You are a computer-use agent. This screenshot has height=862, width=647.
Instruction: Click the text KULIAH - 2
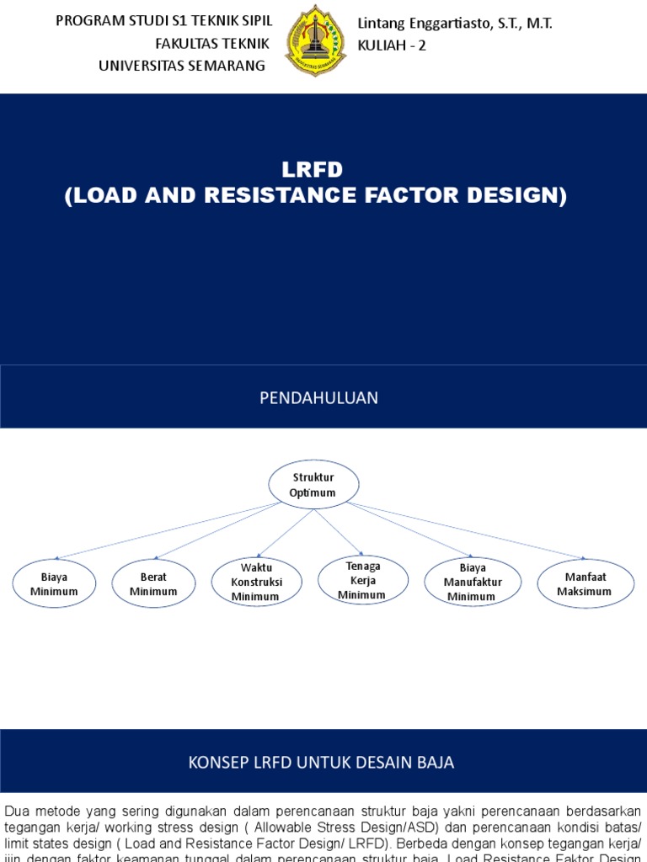click(392, 45)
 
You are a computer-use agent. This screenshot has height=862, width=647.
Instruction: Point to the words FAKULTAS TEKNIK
click(211, 43)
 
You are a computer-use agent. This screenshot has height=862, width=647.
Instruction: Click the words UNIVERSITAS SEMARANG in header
click(181, 65)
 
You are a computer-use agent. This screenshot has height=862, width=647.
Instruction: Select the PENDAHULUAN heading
click(318, 398)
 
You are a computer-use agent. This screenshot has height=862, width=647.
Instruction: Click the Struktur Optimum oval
click(313, 485)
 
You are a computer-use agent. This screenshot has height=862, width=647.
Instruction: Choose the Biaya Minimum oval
click(54, 584)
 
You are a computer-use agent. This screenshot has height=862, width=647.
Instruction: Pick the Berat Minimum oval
click(153, 584)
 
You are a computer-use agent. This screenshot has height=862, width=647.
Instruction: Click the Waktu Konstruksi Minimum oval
click(256, 583)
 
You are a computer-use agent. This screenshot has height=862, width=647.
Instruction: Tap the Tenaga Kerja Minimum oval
click(362, 581)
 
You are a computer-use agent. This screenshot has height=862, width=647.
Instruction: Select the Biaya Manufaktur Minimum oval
click(472, 583)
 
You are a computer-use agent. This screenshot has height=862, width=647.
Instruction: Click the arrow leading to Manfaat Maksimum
click(468, 530)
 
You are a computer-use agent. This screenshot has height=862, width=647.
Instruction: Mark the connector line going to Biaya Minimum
click(168, 530)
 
